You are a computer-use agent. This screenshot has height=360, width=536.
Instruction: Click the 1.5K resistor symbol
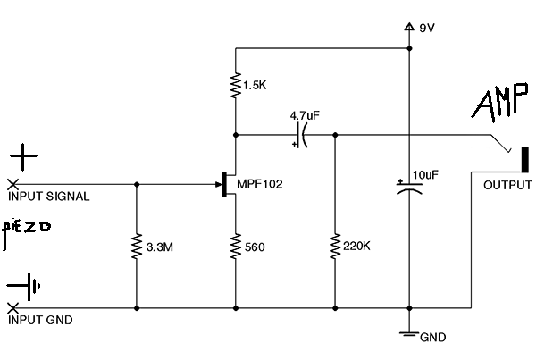236,85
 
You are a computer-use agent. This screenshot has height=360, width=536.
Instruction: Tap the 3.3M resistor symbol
137,246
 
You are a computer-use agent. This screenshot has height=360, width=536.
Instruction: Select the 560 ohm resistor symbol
236,247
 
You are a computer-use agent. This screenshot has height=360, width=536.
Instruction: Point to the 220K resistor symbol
335,246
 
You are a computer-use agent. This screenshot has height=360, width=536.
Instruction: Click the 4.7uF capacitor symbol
301,136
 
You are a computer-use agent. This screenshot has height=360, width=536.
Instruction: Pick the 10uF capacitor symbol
409,187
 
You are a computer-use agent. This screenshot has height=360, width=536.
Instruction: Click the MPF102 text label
260,184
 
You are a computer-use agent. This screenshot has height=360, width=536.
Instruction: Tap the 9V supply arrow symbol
409,27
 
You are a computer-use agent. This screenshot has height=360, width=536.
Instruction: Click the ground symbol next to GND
409,334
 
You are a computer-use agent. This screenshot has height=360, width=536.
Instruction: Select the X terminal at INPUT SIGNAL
13,185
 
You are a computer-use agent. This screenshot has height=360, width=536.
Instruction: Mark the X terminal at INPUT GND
13,308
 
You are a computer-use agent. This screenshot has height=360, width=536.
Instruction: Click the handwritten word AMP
499,102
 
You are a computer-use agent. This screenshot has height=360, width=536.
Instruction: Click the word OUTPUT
507,185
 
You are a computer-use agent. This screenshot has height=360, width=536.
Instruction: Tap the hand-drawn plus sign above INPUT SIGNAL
23,157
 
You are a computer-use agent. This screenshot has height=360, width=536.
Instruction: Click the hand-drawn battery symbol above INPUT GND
24,286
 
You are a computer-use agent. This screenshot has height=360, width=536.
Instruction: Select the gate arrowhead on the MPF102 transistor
219,185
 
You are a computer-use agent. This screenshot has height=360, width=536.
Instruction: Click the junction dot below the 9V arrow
409,48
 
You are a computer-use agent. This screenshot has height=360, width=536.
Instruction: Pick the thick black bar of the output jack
524,159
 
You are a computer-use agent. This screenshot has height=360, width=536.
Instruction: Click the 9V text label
427,28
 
